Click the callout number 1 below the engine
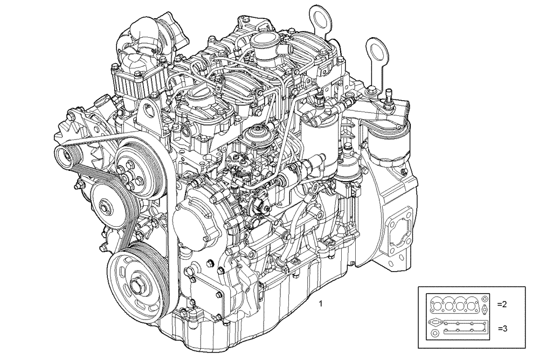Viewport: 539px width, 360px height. click(321, 304)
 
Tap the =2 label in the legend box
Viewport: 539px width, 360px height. click(501, 304)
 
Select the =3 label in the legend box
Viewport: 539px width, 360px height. click(501, 328)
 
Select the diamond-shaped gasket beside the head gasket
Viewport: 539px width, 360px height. click(486, 310)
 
